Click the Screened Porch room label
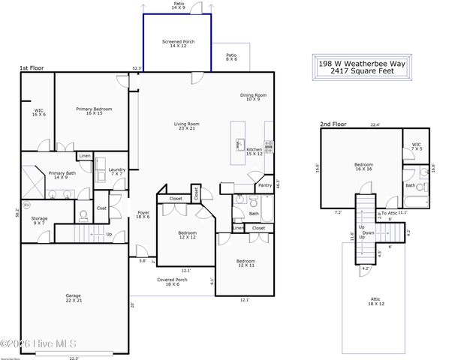179,44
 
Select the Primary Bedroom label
94,111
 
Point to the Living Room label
186,126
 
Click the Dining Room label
253,97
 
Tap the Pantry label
264,185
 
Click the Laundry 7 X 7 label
116,172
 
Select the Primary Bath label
62,175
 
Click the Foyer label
143,215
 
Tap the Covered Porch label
172,282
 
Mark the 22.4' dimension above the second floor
375,124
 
